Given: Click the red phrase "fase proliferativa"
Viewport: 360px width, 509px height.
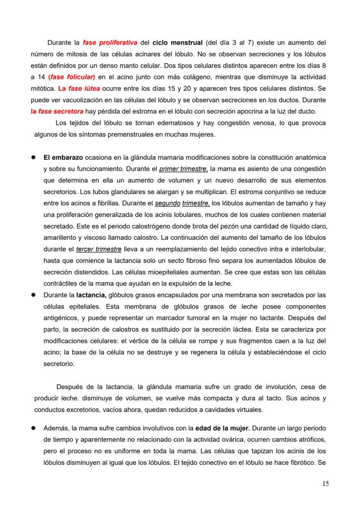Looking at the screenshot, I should tap(110, 43).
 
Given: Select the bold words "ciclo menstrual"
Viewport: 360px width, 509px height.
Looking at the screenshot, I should tap(177, 43).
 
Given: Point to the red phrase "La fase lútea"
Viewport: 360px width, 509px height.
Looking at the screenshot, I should tap(77, 89).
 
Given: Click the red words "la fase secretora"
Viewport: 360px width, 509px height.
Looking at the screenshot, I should tap(57, 111).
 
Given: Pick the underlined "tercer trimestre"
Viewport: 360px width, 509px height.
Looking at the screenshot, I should tap(99, 250).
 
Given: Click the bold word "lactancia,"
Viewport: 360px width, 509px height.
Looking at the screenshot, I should tap(92, 295).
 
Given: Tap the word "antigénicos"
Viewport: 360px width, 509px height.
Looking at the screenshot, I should tap(63, 318).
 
